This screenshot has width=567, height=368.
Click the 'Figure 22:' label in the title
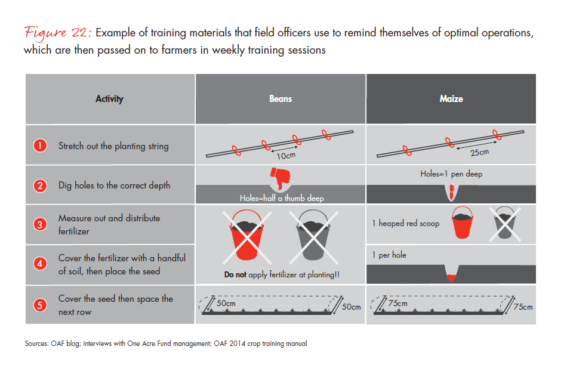click(57, 32)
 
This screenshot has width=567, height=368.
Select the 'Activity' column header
click(109, 98)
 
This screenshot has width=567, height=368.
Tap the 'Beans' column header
click(280, 98)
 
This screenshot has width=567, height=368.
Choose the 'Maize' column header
click(451, 98)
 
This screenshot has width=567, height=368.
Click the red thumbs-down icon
click(280, 177)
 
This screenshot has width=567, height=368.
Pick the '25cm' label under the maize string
click(479, 153)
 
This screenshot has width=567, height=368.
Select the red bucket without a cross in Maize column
click(464, 222)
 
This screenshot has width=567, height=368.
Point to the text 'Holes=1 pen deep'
click(451, 175)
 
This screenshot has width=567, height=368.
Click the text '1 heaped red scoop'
click(406, 223)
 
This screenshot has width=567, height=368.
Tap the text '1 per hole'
click(389, 255)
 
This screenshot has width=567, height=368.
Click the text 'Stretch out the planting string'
click(113, 146)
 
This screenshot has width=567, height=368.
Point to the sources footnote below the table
click(166, 344)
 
